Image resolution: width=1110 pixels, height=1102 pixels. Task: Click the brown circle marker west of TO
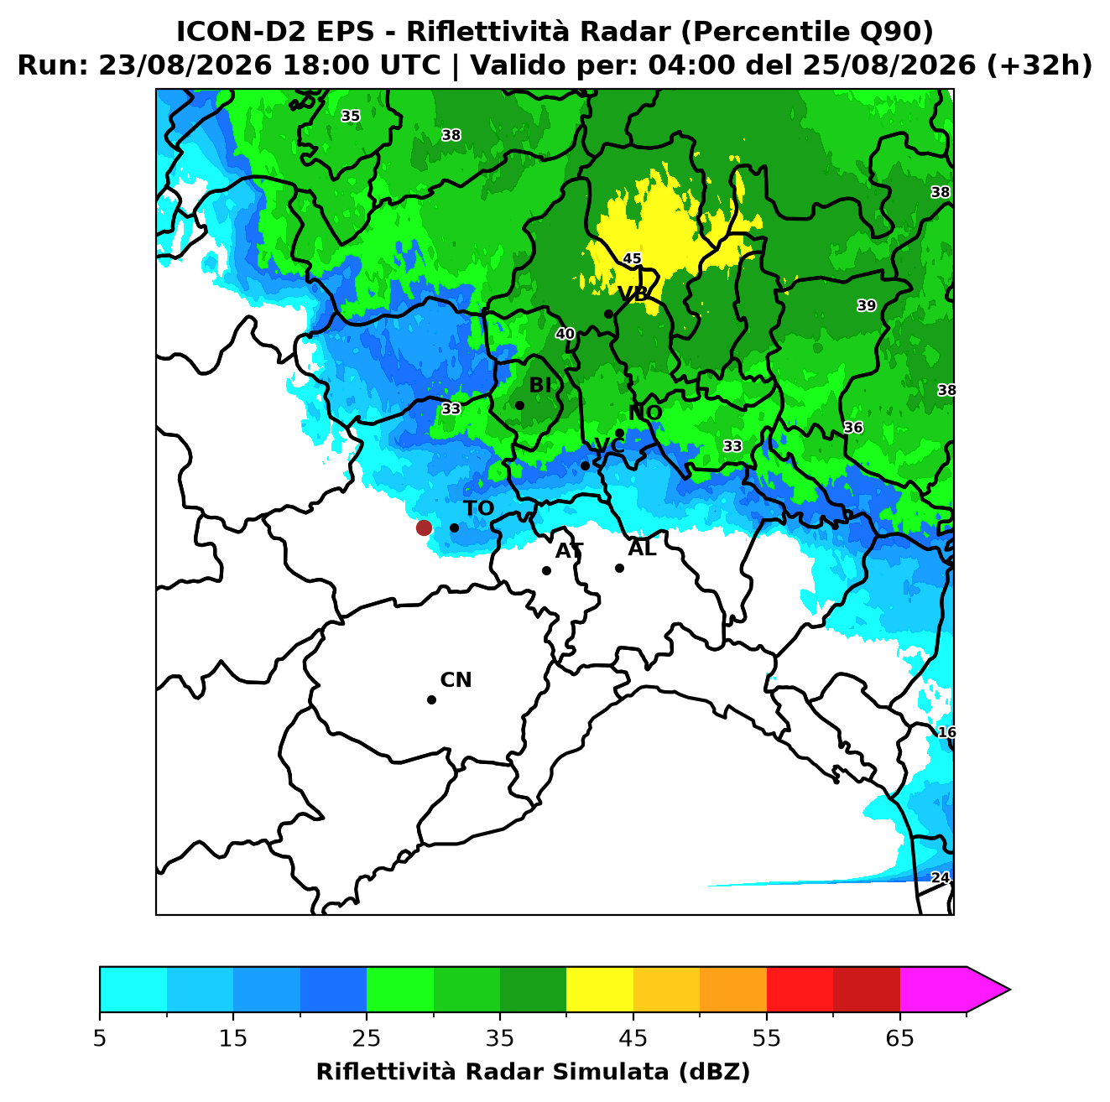pos(424,527)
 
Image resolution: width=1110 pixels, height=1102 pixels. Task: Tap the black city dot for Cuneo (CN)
pos(431,699)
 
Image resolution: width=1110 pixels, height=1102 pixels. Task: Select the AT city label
pos(569,551)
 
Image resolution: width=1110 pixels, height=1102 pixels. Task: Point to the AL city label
pos(642,548)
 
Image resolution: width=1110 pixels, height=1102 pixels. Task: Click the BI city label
pos(539,385)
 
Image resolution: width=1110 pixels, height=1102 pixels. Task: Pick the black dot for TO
pos(454,528)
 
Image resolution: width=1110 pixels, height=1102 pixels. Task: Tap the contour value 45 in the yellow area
pos(632,258)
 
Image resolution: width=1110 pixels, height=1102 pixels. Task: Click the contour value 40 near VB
pos(565,334)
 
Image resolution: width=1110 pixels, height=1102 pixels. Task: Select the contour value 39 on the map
pos(867,305)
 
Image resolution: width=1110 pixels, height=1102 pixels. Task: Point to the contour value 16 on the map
pos(946,732)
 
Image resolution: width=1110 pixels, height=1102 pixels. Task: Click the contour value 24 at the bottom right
pos(940,877)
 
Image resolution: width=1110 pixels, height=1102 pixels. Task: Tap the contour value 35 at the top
pos(350,116)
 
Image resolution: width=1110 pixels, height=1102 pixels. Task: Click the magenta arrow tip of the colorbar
pos(1009,990)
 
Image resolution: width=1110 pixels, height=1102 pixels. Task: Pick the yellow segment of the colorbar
pos(599,990)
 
